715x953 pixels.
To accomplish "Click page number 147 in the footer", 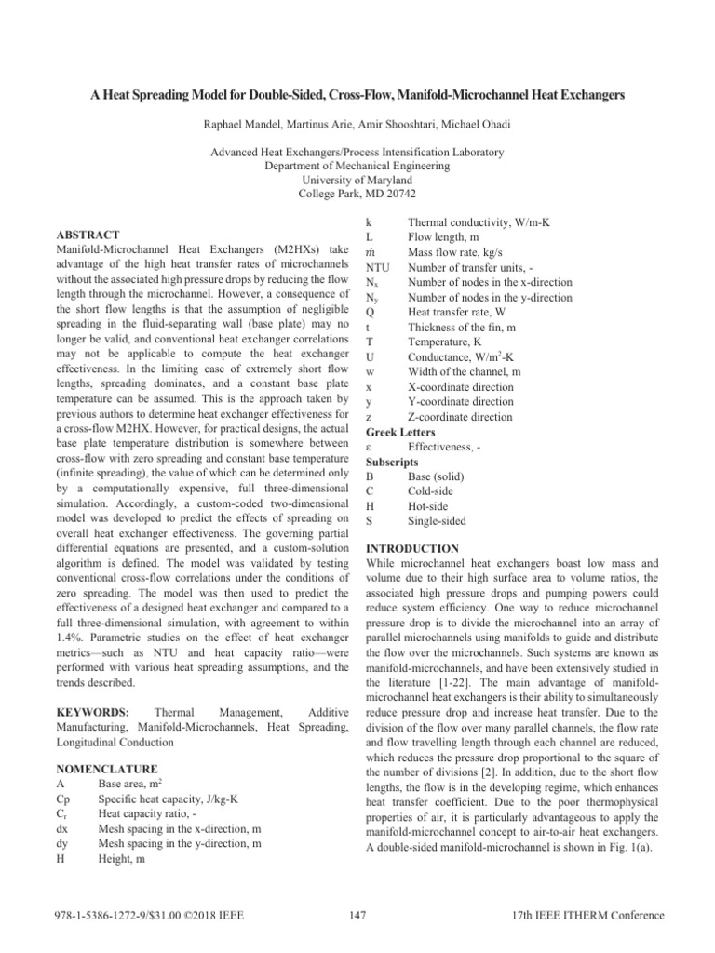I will (357, 916).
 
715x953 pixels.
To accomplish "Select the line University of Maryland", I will (357, 180).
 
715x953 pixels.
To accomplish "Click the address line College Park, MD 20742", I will (357, 194).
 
